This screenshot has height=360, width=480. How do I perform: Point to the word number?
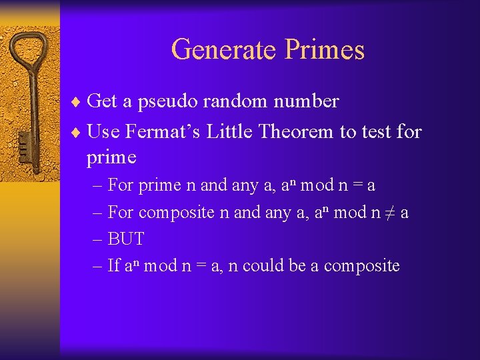click(x=306, y=101)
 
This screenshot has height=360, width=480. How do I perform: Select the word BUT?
click(x=125, y=239)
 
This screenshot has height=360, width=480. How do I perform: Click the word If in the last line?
click(x=113, y=266)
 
